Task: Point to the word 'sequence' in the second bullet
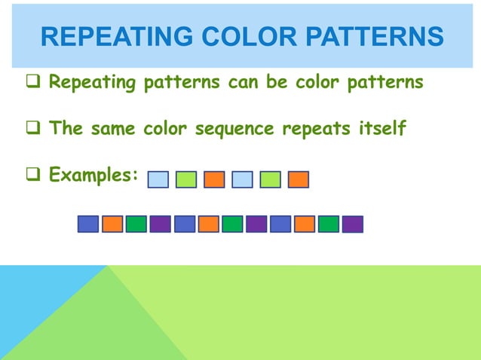tap(235, 129)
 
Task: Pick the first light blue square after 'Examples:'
tap(158, 179)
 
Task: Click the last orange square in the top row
tap(299, 179)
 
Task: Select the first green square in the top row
tap(186, 179)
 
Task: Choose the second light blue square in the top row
tap(242, 179)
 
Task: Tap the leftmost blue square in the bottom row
tap(88, 224)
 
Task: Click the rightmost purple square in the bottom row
tap(352, 224)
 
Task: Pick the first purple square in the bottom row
tap(160, 224)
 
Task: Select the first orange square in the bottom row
tap(112, 224)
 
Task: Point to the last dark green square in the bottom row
tap(329, 224)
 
